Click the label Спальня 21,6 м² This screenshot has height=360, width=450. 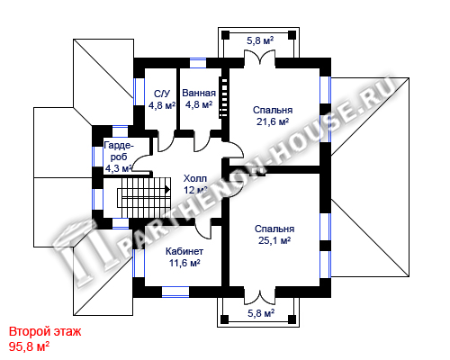tap(273, 116)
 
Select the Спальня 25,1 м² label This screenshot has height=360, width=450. tap(274, 235)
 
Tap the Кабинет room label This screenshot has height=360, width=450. tap(184, 257)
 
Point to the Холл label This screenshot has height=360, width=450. tap(195, 184)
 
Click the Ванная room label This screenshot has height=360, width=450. tap(199, 99)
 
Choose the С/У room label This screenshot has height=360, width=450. tap(162, 100)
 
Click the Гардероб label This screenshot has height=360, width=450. tap(119, 157)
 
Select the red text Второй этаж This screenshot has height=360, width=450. tap(45, 331)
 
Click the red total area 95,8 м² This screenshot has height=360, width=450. tap(29, 346)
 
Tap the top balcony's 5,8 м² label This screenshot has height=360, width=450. tap(260, 40)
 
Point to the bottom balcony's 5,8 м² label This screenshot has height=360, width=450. tap(261, 313)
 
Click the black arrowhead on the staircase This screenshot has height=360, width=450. tap(166, 190)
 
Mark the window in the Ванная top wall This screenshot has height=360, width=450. tap(198, 63)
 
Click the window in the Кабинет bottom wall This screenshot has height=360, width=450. tap(175, 292)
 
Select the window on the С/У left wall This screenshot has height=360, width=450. tap(139, 92)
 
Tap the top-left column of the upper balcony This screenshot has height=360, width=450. tap(225, 35)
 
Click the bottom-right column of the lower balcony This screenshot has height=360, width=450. tap(292, 319)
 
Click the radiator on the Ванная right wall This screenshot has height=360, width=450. tap(223, 97)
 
